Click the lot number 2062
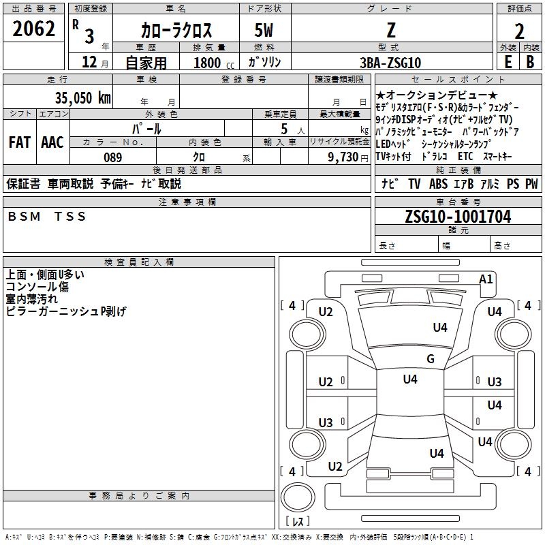click(x=33, y=29)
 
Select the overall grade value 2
click(x=519, y=31)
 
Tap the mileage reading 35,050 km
click(x=82, y=97)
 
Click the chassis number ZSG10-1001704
click(x=458, y=217)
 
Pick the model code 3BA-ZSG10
click(x=390, y=63)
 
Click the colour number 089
click(x=113, y=157)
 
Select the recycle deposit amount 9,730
click(x=343, y=157)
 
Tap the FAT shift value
click(x=20, y=142)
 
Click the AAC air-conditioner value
click(x=52, y=142)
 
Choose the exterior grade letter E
click(x=508, y=62)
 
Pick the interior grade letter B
click(x=530, y=62)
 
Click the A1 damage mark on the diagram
click(x=486, y=279)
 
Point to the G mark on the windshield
click(x=431, y=358)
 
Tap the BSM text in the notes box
click(x=24, y=217)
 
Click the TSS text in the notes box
click(x=70, y=217)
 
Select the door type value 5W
click(x=264, y=30)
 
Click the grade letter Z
click(x=391, y=30)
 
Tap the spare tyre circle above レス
click(x=298, y=498)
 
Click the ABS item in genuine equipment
click(x=438, y=184)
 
